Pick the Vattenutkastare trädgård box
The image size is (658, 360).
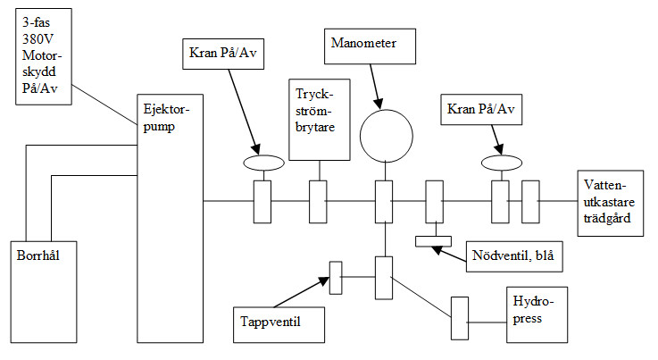[611, 203]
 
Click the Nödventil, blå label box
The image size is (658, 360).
[512, 256]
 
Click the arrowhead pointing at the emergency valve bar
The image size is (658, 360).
[436, 247]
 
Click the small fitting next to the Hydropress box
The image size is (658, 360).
[460, 316]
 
